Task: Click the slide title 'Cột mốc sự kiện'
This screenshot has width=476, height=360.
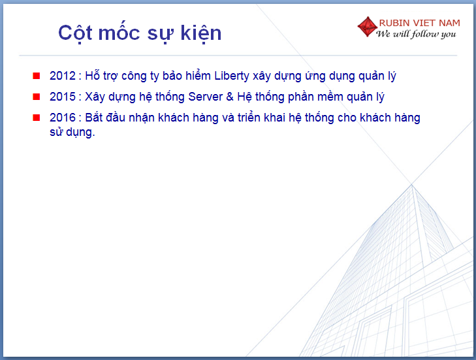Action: (140, 33)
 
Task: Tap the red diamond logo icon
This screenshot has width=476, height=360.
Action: (368, 27)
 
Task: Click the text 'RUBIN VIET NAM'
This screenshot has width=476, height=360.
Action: (420, 23)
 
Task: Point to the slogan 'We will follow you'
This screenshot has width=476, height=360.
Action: (416, 34)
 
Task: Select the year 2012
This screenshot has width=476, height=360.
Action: (63, 76)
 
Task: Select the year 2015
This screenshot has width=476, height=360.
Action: (63, 97)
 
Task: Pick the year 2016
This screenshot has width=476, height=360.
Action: (63, 118)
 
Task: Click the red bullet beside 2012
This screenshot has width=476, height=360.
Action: (37, 76)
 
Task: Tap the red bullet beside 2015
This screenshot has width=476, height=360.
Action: (37, 97)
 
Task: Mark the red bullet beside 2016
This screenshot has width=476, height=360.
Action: (37, 118)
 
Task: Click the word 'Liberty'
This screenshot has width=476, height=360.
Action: (232, 76)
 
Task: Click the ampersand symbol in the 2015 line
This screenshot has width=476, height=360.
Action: (230, 97)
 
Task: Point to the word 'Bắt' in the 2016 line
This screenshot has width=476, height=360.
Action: (93, 117)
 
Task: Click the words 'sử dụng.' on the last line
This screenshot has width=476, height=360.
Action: (72, 133)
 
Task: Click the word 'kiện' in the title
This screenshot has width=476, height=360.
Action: (201, 33)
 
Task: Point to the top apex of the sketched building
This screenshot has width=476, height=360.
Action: (412, 184)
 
